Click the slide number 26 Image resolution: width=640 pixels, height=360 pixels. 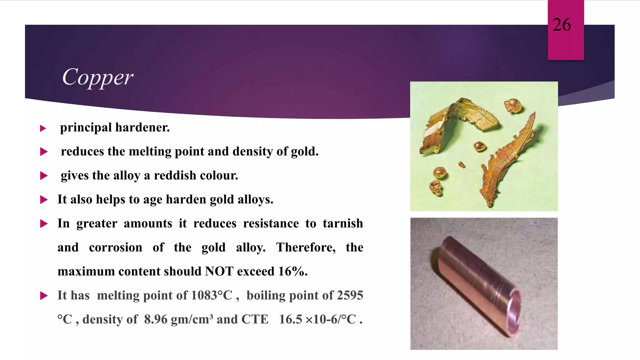562,25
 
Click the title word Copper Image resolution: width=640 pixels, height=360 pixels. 97,77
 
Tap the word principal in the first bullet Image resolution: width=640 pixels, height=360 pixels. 86,128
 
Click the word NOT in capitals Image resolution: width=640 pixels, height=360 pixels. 219,271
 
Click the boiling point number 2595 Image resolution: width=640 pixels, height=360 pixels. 350,295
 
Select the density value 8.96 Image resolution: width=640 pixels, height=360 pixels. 156,319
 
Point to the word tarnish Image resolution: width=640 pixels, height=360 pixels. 343,223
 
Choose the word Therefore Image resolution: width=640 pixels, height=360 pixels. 306,247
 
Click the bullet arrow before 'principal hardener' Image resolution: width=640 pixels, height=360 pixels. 43,128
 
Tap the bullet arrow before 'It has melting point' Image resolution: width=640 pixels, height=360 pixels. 44,296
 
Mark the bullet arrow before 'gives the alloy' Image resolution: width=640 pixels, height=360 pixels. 44,176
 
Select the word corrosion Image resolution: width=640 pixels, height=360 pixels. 116,247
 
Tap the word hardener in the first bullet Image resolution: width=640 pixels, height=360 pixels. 142,128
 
